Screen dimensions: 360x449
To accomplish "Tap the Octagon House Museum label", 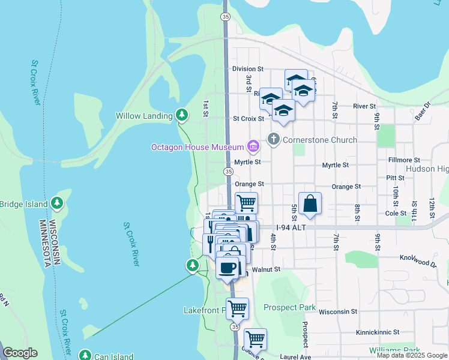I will tap(197, 147).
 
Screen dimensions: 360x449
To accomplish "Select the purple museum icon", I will tap(253, 146).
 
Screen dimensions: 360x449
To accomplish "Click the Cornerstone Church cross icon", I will tap(273, 140).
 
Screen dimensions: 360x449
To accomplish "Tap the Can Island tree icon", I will tap(85, 356).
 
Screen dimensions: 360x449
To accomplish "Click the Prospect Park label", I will tap(289, 307).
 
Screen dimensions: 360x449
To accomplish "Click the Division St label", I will tap(248, 69).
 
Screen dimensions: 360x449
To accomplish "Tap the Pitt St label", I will tap(395, 178).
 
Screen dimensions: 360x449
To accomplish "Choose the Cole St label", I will tap(396, 213).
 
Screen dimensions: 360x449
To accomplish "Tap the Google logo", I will tap(20, 353).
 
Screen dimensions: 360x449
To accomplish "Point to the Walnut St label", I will tap(266, 269).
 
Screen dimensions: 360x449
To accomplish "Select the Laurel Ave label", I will tap(298, 357).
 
